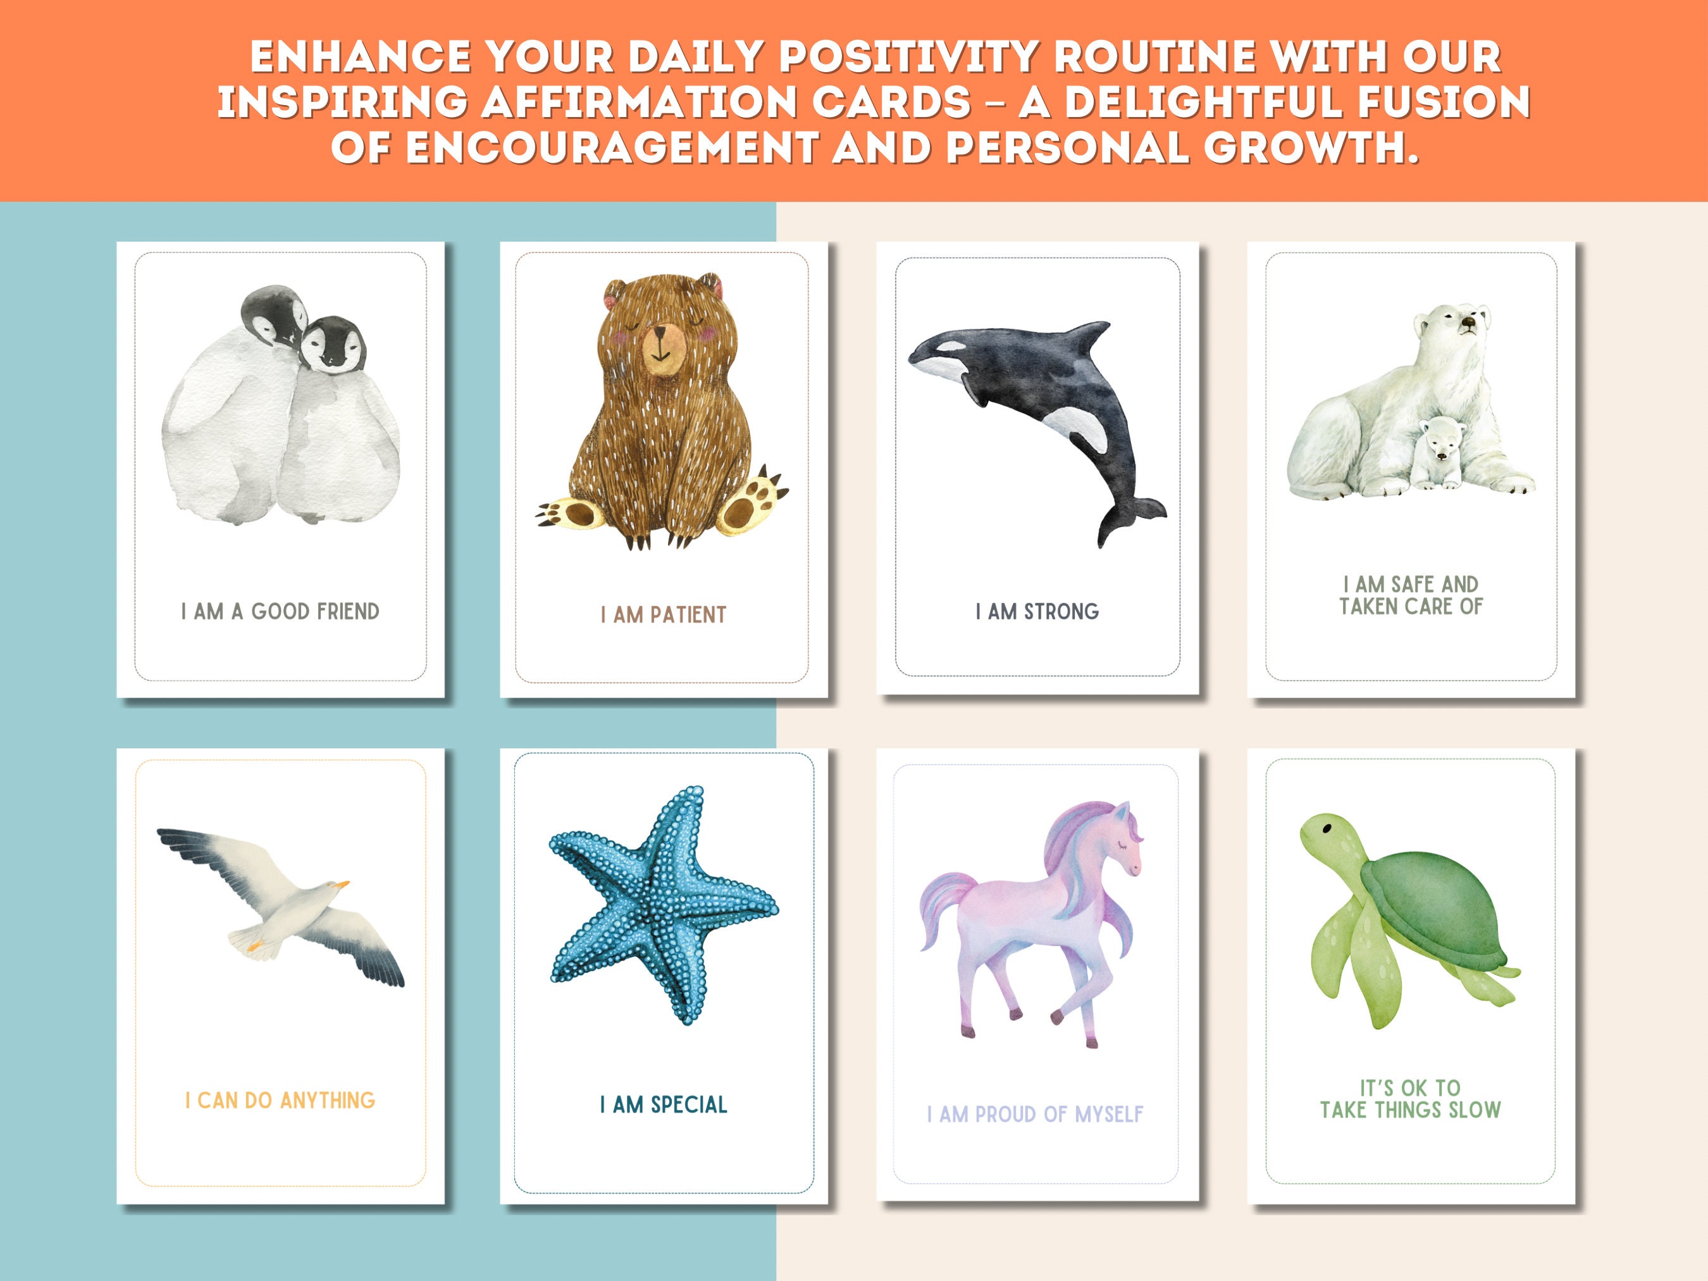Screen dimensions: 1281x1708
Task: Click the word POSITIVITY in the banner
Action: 908,57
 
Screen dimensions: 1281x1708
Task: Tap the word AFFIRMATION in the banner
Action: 640,102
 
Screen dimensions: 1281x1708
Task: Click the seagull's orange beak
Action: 339,884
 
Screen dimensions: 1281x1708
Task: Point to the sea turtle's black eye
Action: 1327,829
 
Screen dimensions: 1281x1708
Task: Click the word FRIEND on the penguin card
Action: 347,612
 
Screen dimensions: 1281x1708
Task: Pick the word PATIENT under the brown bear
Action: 688,616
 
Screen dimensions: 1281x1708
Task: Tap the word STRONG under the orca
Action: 1061,612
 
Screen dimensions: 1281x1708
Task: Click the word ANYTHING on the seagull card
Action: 328,1100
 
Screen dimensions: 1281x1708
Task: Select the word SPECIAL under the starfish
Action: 689,1105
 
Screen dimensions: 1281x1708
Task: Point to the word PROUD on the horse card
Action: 1005,1114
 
